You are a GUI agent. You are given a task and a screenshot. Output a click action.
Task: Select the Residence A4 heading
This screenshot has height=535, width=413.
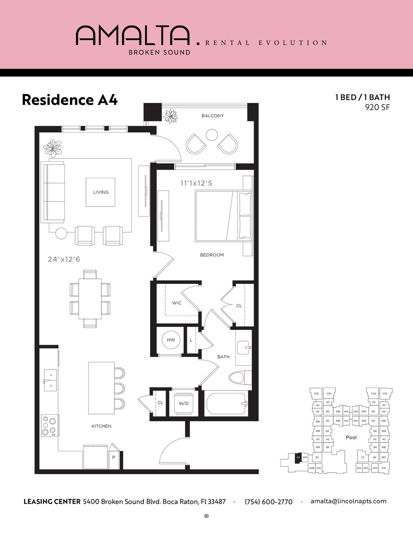point(70,100)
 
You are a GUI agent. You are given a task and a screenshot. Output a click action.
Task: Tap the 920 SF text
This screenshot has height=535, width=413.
point(377,107)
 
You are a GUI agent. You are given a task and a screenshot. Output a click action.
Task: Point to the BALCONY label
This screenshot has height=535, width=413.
point(213,116)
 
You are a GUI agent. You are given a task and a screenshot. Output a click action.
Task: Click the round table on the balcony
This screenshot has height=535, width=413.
point(212,135)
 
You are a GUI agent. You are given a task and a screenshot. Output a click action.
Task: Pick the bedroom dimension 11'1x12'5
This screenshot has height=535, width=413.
point(196,183)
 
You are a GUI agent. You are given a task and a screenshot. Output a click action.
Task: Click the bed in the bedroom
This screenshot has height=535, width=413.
point(223,216)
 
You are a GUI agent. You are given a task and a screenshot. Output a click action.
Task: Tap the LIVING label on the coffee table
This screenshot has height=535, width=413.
point(101,192)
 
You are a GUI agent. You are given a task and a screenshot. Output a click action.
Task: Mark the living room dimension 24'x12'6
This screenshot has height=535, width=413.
point(64,259)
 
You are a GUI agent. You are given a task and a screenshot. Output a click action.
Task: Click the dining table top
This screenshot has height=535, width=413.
point(90,298)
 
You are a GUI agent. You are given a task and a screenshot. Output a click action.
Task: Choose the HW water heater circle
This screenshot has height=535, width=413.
point(171,340)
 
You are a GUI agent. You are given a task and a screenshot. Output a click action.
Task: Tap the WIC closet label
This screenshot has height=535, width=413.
point(176,303)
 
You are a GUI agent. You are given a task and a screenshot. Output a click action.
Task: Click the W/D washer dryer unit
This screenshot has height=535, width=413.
point(184,404)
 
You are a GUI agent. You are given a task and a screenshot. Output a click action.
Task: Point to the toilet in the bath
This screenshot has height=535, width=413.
point(237,378)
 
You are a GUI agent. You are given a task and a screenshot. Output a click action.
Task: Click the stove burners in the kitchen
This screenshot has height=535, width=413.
point(50,425)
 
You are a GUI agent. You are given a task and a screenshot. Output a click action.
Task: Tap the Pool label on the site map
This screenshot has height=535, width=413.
point(351,437)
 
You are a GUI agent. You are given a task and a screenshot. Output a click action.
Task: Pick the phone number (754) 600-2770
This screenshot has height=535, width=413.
point(269,502)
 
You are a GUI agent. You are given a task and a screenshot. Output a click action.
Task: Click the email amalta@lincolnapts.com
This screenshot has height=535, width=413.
point(348,501)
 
